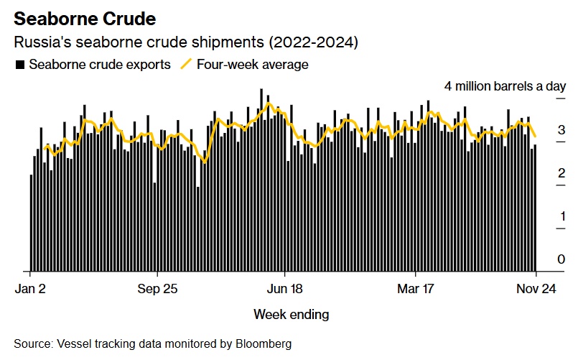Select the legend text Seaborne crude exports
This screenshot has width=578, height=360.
click(x=100, y=65)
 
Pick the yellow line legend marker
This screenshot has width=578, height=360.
click(x=186, y=65)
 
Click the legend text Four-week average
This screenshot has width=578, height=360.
click(x=253, y=65)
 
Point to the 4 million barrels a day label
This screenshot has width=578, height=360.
click(x=505, y=86)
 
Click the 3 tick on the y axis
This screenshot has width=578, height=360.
click(x=561, y=130)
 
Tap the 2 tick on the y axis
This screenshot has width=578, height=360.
click(x=561, y=173)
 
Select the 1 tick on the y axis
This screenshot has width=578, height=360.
click(x=561, y=216)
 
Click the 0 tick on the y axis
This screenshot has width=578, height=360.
click(x=561, y=259)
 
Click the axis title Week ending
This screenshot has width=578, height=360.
click(x=292, y=314)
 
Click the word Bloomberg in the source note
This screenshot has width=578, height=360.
click(x=266, y=344)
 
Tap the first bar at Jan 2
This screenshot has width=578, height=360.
click(x=31, y=223)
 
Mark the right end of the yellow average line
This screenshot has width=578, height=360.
click(x=536, y=136)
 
